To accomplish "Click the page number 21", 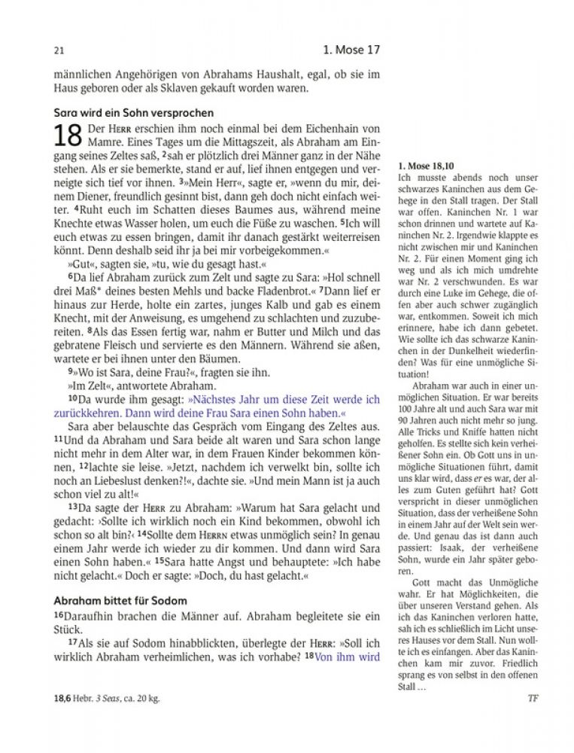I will tap(59, 52).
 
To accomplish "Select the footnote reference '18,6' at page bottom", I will tap(63, 698).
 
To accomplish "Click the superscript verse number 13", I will tap(73, 507).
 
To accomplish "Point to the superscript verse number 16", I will tap(59, 615).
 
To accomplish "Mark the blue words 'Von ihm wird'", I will tap(347, 656).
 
